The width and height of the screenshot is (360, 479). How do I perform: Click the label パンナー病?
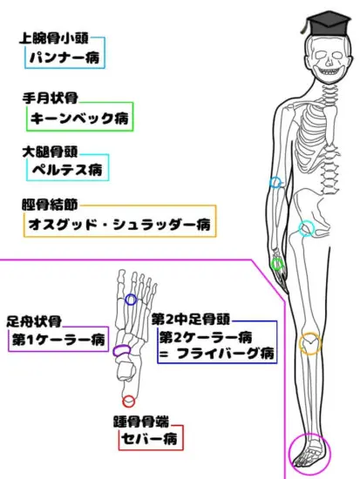(x=65, y=57)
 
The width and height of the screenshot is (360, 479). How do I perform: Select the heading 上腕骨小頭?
(x=54, y=38)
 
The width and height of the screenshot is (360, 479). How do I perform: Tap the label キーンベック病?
(x=79, y=118)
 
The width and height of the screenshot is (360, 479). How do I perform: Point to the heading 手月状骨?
(x=51, y=98)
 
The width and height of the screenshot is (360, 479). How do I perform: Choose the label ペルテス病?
(x=67, y=170)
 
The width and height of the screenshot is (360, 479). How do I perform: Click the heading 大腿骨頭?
(x=51, y=152)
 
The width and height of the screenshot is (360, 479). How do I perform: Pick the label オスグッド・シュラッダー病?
(x=119, y=225)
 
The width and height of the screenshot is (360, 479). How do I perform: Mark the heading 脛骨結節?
(x=50, y=205)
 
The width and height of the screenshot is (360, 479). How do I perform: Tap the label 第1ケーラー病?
(x=58, y=340)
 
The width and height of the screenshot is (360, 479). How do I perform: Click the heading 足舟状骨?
(x=34, y=321)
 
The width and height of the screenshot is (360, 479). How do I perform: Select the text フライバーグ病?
(x=226, y=354)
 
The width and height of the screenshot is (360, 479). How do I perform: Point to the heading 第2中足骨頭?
(x=191, y=320)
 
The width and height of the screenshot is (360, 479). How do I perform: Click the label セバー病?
(x=149, y=439)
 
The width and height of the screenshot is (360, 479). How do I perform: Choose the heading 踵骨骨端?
(x=141, y=422)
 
